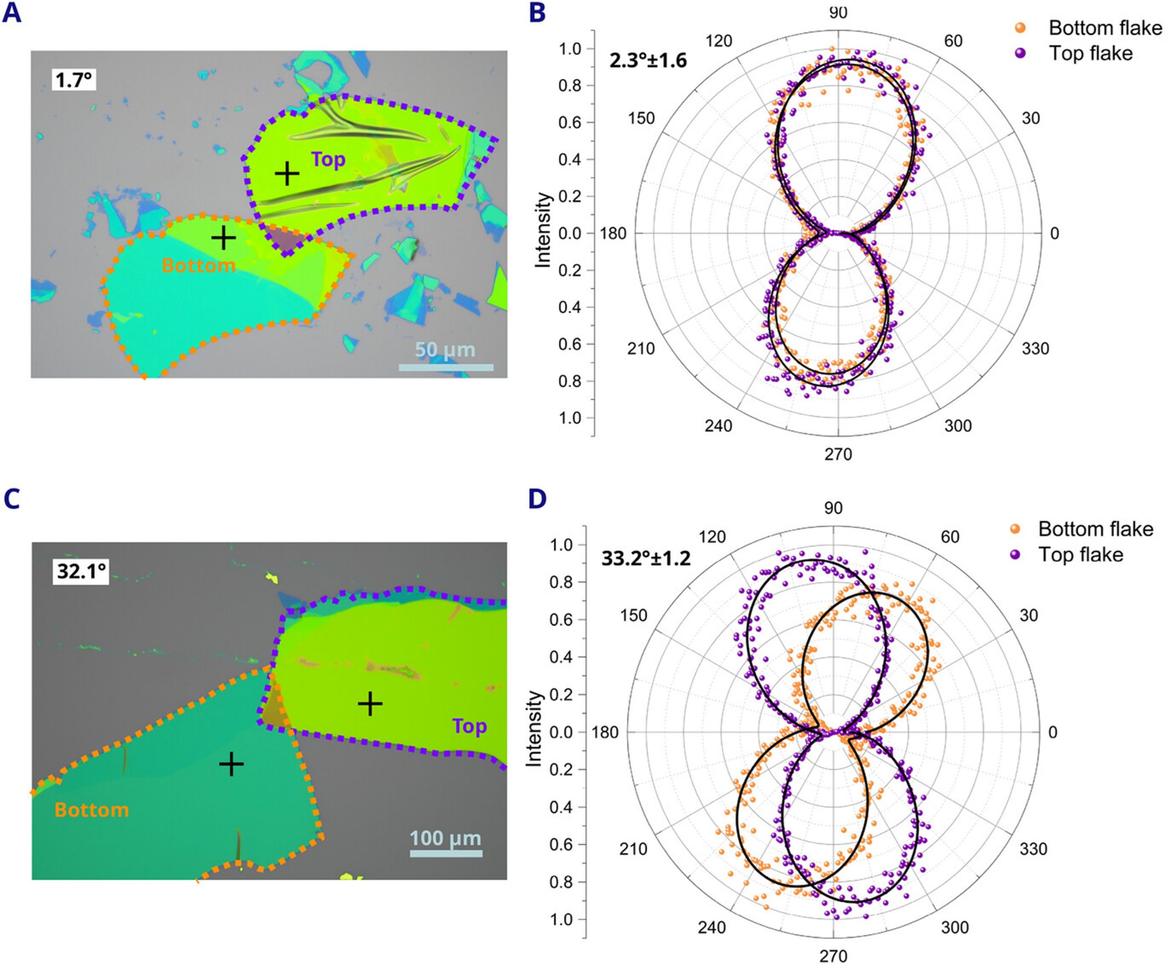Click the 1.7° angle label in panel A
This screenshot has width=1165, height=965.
click(73, 81)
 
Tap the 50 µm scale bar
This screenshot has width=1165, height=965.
click(446, 367)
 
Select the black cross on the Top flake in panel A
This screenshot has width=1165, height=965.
click(287, 174)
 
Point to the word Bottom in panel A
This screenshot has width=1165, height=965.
click(198, 265)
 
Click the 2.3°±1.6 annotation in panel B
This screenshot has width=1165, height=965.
click(648, 60)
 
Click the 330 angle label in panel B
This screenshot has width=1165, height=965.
click(1035, 349)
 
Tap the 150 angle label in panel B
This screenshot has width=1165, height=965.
click(641, 118)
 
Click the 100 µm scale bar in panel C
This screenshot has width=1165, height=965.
click(446, 853)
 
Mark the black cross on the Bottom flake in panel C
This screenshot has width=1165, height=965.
click(231, 764)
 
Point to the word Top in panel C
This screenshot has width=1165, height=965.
click(469, 726)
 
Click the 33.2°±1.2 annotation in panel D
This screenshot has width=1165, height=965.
click(646, 558)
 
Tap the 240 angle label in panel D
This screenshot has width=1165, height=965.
click(712, 927)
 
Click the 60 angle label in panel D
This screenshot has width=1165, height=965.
click(950, 537)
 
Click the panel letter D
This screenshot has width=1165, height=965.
click(537, 499)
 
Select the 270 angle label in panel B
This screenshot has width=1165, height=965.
click(838, 454)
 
